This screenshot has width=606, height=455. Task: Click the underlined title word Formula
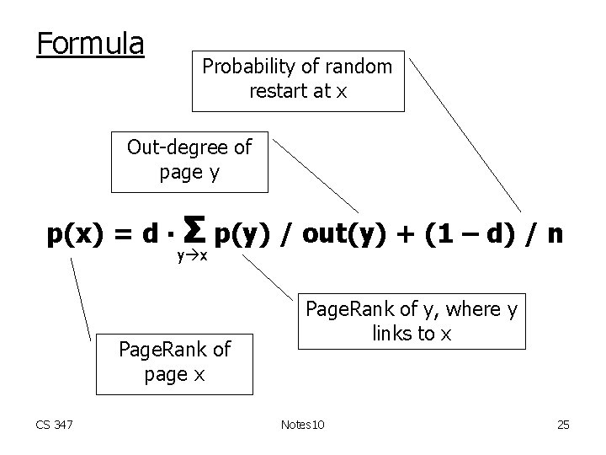pyautogui.click(x=91, y=44)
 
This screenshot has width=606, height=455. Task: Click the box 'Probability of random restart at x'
pyautogui.click(x=298, y=79)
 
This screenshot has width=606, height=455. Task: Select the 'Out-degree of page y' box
pyautogui.click(x=189, y=160)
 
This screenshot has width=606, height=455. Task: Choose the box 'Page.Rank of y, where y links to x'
pyautogui.click(x=412, y=321)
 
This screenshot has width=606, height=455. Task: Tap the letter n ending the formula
pyautogui.click(x=555, y=233)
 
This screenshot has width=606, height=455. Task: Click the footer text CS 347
pyautogui.click(x=55, y=425)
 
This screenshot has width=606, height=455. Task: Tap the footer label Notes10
pyautogui.click(x=301, y=425)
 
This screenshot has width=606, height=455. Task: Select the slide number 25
pyautogui.click(x=562, y=425)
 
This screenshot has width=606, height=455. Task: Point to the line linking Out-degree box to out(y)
pyautogui.click(x=316, y=173)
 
